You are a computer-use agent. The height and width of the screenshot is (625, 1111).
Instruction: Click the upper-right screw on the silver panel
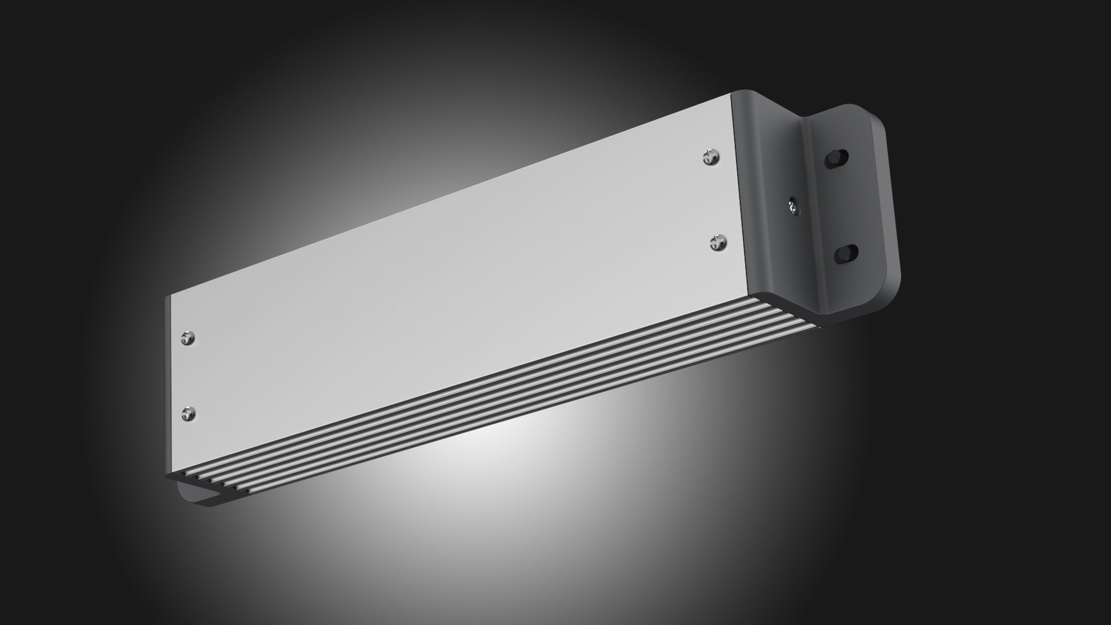click(711, 157)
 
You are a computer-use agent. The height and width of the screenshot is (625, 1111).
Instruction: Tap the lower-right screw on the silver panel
click(718, 243)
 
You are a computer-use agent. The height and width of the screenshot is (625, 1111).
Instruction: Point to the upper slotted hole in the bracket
click(836, 159)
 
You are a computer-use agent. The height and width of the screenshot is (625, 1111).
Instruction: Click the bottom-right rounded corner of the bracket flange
click(888, 298)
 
